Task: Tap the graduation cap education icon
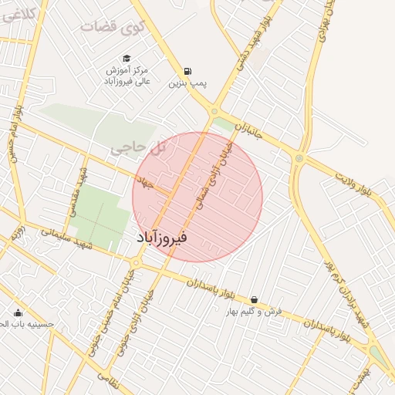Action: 127,58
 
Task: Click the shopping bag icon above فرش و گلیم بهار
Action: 255,300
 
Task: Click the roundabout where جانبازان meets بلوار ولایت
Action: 299,158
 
